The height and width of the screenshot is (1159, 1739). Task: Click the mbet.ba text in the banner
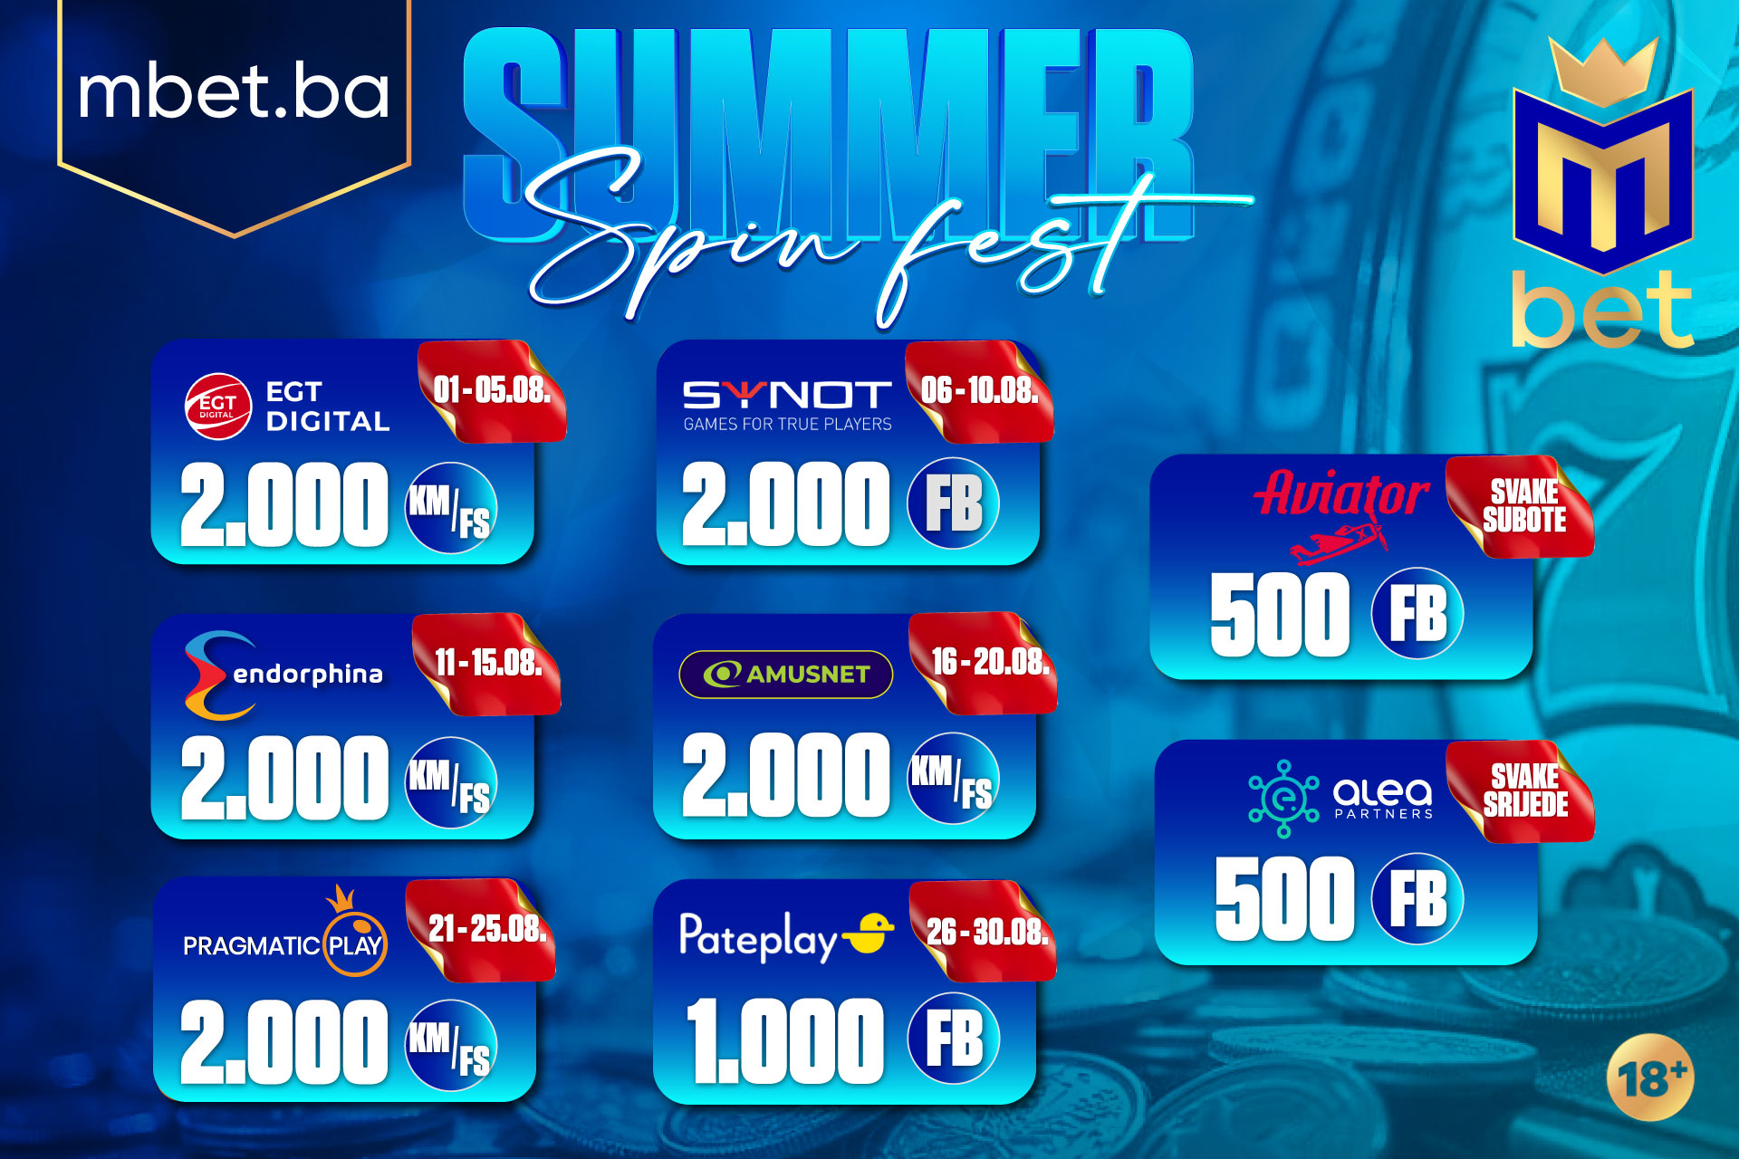pos(234,92)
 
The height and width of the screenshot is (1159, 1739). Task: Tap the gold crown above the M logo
pos(1602,71)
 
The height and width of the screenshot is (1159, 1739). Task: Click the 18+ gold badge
pos(1650,1078)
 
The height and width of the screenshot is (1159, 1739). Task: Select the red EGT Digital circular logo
pos(217,406)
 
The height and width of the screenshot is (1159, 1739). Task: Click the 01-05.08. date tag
pos(492,391)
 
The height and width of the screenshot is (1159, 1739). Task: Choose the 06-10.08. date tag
pos(979,391)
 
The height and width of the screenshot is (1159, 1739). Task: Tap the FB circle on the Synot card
pos(953,503)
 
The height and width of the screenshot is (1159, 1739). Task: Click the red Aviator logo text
pos(1341,494)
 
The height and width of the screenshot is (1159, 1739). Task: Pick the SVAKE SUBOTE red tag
pos(1523,506)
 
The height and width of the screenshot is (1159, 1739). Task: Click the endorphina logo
pos(283,675)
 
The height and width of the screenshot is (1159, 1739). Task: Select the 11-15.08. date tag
pos(487,664)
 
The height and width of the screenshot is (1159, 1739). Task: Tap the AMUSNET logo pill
pos(786,675)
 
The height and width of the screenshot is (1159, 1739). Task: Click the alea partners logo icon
pos(1283,799)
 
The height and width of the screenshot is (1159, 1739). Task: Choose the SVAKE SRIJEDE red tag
pos(1524,790)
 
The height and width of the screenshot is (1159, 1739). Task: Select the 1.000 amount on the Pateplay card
pos(784,1041)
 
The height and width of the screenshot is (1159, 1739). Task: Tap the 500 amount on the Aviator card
pos(1280,615)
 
